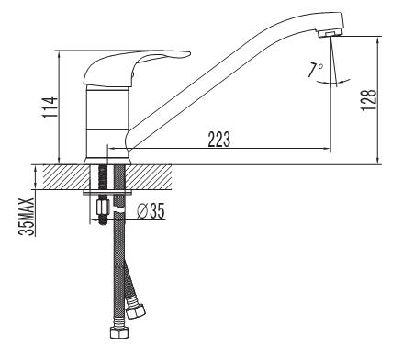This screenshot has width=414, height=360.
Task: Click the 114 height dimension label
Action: tap(50, 107)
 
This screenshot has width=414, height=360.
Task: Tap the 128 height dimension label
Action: tap(369, 100)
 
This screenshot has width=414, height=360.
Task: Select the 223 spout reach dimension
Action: tap(219, 140)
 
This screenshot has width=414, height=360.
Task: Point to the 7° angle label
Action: tap(315, 70)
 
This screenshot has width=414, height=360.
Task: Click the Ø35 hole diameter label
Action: tap(151, 211)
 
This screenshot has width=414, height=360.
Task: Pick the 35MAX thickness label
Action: tap(27, 217)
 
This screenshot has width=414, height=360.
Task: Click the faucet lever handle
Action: tap(137, 67)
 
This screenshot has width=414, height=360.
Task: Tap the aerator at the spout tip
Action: tap(329, 34)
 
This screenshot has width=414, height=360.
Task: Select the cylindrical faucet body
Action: tap(106, 122)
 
